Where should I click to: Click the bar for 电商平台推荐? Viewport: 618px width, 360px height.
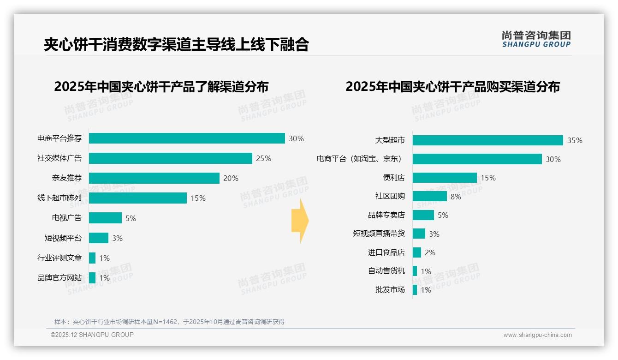[x=187, y=138]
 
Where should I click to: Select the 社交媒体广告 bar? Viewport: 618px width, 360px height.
[x=171, y=158]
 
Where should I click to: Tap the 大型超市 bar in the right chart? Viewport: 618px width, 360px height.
[x=487, y=140]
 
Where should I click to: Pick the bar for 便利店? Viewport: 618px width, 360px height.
[x=445, y=178]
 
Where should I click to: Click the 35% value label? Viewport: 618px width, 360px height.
[x=575, y=141]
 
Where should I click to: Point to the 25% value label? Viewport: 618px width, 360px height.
[x=263, y=159]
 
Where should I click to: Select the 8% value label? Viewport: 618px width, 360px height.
[x=456, y=197]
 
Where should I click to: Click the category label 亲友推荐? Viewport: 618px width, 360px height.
[x=67, y=178]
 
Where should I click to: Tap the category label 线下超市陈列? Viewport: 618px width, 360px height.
[x=59, y=198]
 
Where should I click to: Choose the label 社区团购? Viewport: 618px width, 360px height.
[x=390, y=196]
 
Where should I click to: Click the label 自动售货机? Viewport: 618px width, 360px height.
[x=386, y=271]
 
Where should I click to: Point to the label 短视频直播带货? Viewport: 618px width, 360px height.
[x=379, y=234]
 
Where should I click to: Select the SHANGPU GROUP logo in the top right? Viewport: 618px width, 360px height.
[x=536, y=39]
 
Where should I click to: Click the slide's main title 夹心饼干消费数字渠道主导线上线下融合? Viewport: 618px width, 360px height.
[x=176, y=45]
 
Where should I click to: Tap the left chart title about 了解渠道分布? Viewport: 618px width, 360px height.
[x=161, y=87]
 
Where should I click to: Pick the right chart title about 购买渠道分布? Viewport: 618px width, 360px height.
[x=452, y=87]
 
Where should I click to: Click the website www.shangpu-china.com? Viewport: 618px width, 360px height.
[x=537, y=335]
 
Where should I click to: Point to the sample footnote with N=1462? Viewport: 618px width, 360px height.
[x=170, y=322]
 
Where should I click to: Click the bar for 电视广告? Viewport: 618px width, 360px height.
[x=105, y=218]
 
